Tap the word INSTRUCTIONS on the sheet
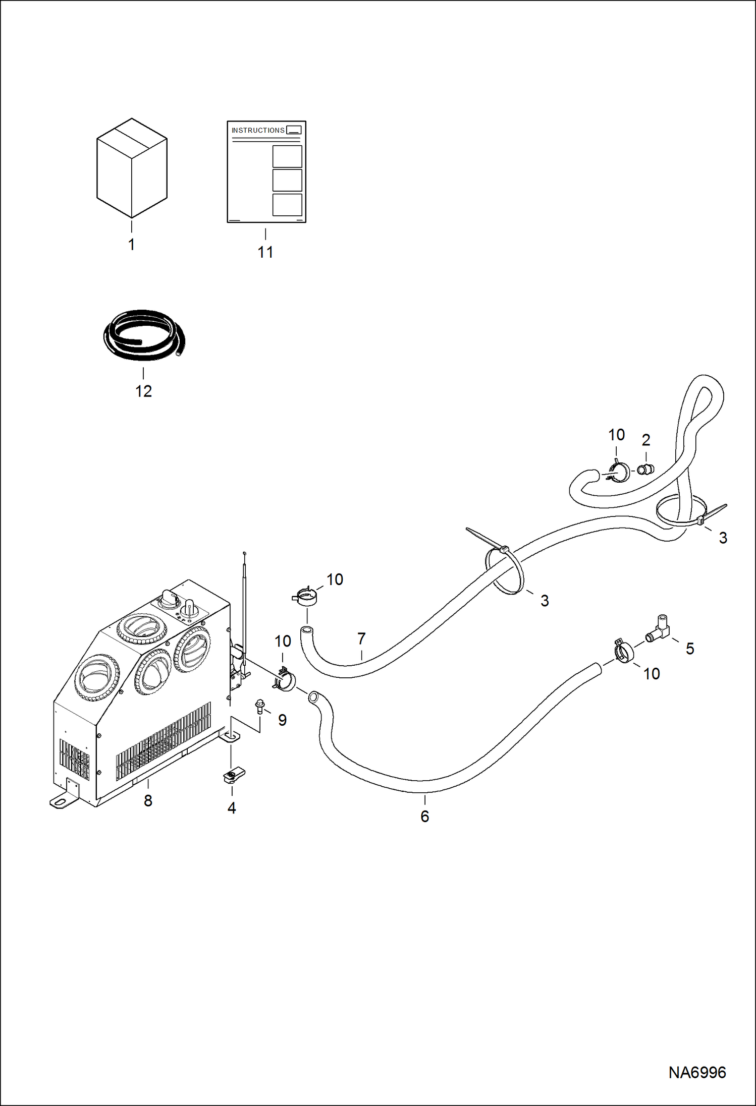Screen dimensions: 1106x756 click(x=258, y=130)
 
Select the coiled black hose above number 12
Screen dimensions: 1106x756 click(x=144, y=335)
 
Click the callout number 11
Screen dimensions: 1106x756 click(x=265, y=252)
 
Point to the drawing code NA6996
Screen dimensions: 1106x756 click(x=697, y=1072)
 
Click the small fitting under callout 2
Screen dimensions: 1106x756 click(x=645, y=470)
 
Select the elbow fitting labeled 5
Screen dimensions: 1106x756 click(x=659, y=630)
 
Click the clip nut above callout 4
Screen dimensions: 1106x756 click(x=234, y=775)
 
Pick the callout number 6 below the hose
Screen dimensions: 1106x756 click(x=425, y=816)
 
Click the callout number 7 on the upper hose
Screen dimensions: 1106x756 click(x=361, y=639)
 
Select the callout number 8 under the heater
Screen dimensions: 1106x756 click(x=148, y=800)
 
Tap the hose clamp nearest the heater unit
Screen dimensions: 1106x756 click(x=284, y=680)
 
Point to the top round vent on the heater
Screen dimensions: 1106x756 click(x=142, y=629)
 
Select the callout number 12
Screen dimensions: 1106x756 click(x=143, y=391)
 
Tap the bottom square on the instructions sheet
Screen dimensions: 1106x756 click(x=287, y=205)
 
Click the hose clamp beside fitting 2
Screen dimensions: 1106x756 click(x=618, y=472)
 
